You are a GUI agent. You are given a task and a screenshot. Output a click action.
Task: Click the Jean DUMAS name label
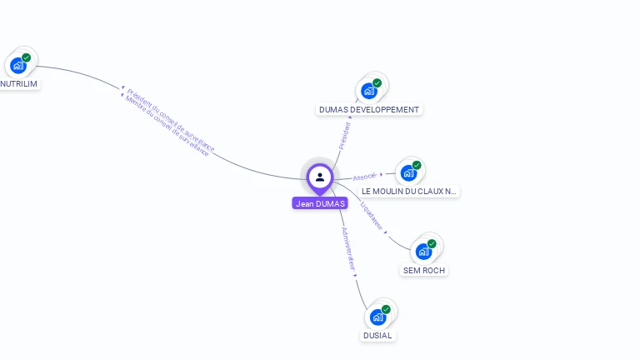point(320,203)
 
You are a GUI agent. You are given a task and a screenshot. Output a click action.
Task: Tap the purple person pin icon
point(320,177)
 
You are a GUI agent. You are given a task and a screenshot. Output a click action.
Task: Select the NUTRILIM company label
point(19,83)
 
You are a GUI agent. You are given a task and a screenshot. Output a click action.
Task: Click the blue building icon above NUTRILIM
point(17,65)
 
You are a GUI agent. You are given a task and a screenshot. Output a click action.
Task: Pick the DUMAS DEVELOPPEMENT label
point(369,109)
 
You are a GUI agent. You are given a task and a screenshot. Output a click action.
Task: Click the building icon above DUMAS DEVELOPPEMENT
point(369,90)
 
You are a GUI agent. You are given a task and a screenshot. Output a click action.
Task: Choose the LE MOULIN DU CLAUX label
point(408,191)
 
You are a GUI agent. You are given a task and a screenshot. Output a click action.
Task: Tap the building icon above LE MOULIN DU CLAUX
point(408,172)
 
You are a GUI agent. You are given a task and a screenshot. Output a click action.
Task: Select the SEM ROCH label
point(424,270)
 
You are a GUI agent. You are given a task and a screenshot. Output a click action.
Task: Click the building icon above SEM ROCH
point(423,251)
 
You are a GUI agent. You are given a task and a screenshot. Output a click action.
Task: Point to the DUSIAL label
point(377,335)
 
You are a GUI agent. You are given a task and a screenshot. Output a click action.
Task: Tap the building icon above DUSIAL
point(378,317)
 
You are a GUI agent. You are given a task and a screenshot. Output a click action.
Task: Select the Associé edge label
point(365,177)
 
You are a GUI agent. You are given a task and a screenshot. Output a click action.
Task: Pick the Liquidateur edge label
point(372,215)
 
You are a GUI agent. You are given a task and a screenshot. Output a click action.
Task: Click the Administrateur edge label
point(349,249)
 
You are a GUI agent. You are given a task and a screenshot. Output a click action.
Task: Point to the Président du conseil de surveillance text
point(171,120)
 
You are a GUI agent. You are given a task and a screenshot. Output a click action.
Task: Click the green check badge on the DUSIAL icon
point(386,309)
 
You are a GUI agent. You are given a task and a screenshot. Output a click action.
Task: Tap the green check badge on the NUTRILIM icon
point(26,57)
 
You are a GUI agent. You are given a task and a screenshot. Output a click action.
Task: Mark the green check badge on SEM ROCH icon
point(432,243)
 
